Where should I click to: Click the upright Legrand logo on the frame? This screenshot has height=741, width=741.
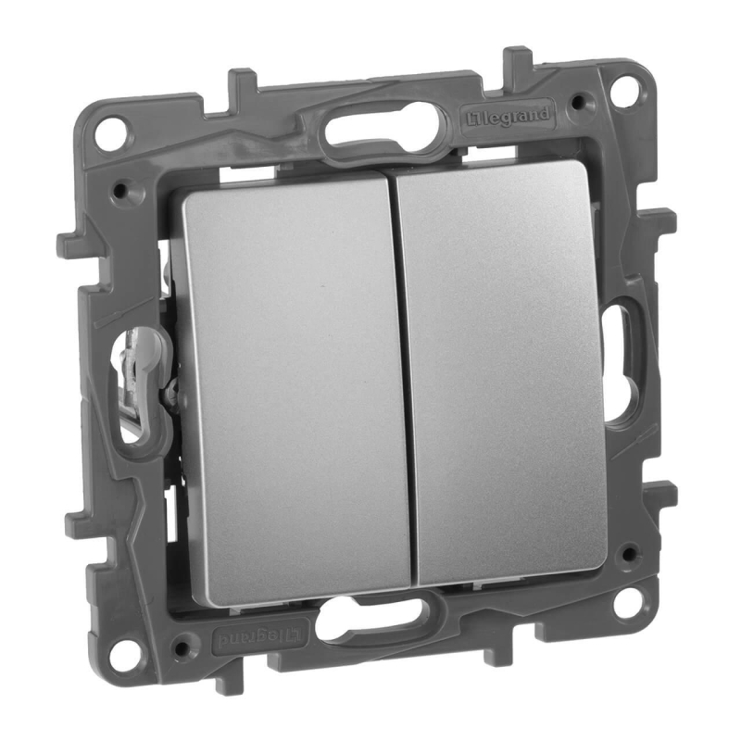pyautogui.click(x=507, y=117)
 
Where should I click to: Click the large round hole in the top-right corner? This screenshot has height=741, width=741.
pyautogui.click(x=627, y=88)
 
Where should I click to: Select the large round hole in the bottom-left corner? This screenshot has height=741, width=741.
pyautogui.click(x=129, y=652)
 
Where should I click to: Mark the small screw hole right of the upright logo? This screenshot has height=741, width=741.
pyautogui.click(x=579, y=102)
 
